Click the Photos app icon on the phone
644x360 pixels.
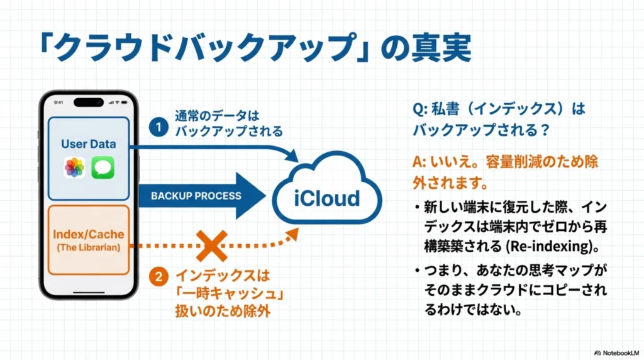74,167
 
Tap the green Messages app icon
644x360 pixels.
102,167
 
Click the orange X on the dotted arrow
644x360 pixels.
212,245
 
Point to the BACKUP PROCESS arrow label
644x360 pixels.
196,196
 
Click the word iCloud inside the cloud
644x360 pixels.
328,198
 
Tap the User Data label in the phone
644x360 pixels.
88,144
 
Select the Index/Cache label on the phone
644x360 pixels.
88,235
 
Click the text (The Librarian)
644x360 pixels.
88,247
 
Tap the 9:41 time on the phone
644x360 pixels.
58,102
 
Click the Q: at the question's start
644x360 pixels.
420,109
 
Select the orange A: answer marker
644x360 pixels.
419,162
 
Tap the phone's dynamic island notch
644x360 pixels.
88,102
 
